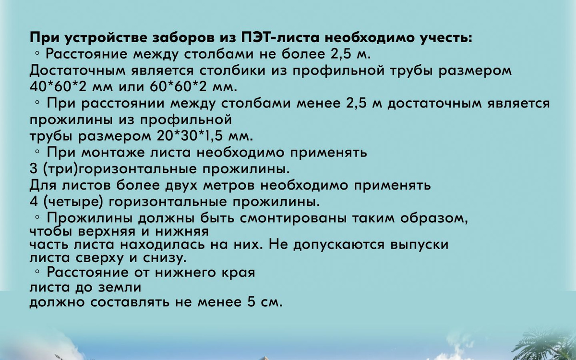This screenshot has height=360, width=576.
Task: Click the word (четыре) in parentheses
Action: pos(73,202)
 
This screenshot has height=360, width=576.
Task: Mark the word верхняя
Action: pos(107,232)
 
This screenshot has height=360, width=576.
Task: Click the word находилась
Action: pos(163,244)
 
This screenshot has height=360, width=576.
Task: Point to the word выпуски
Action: pos(419,244)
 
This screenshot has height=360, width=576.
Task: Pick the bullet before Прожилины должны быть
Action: pos(37,218)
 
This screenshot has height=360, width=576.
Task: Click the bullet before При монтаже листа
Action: pos(37,152)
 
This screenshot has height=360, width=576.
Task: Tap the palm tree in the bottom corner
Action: pos(545,345)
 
